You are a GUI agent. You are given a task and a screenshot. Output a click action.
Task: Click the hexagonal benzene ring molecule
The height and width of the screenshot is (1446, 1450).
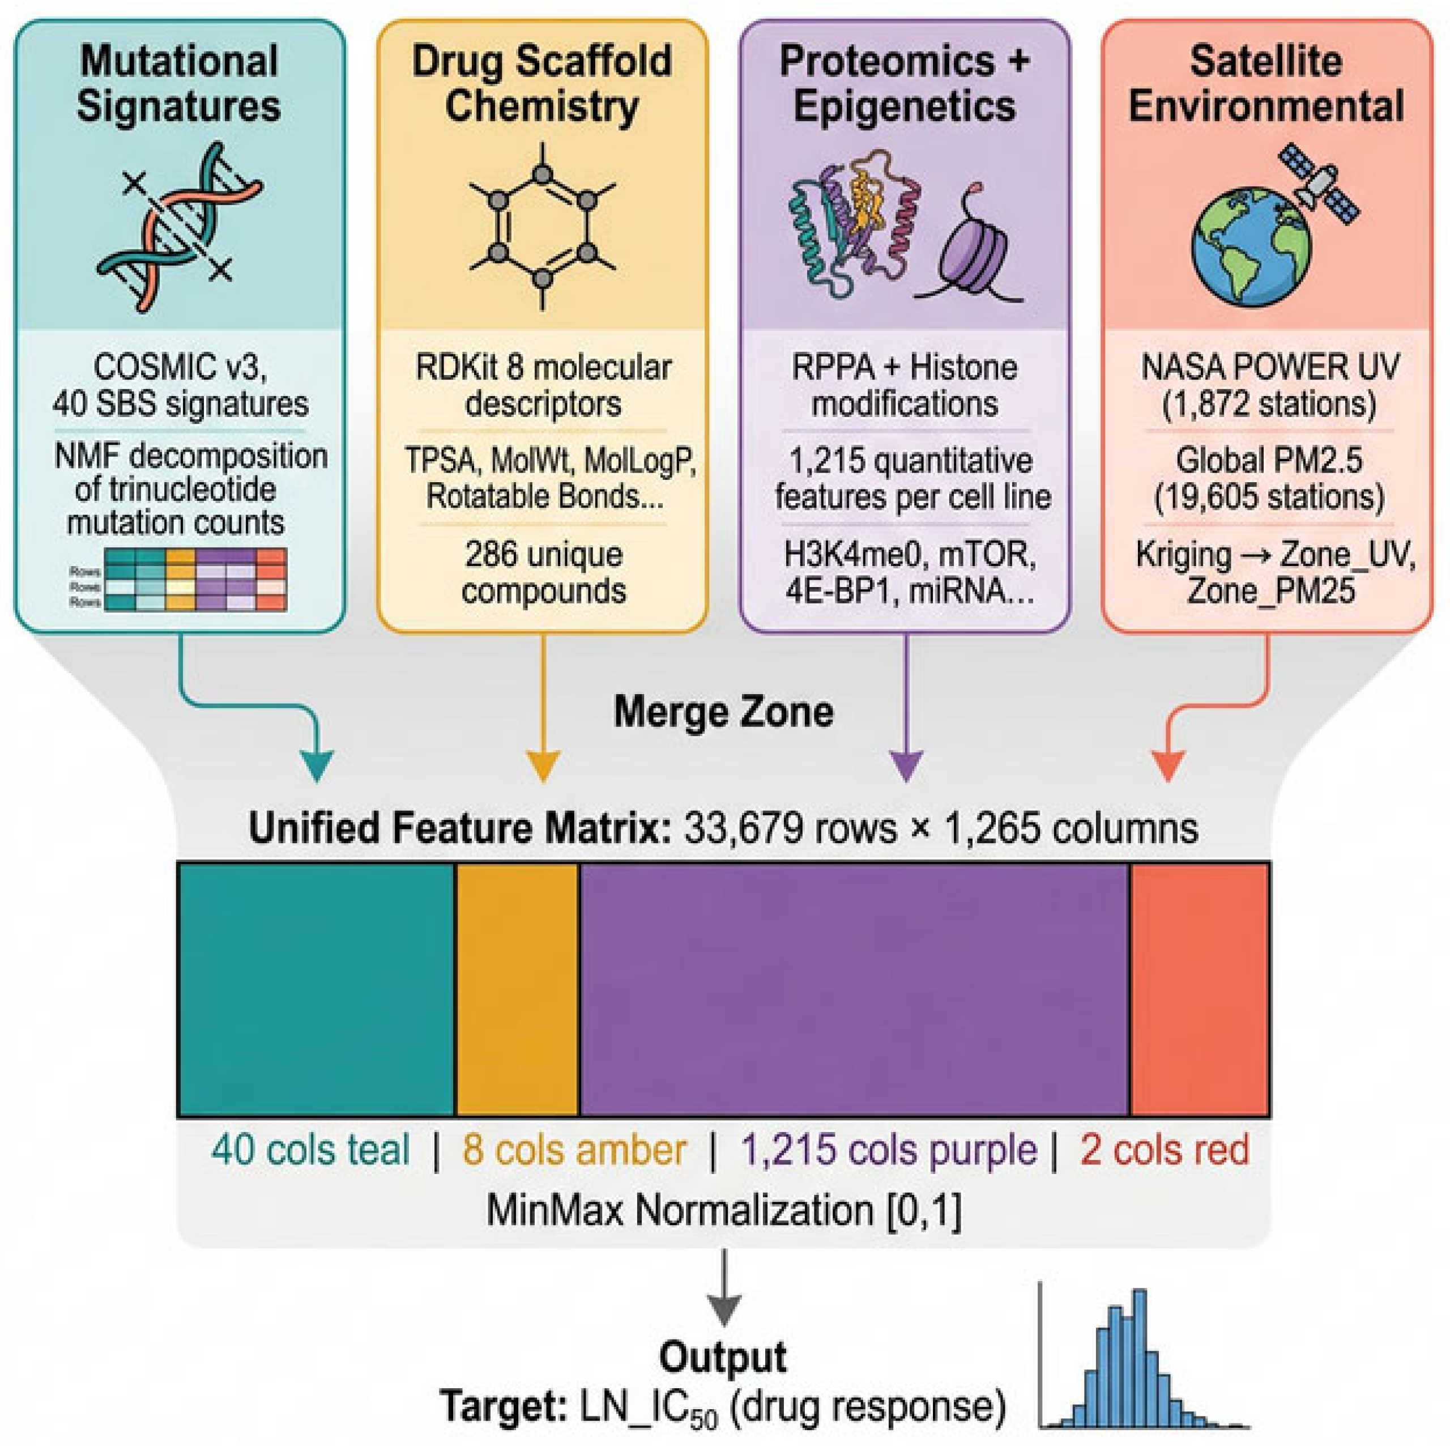(542, 226)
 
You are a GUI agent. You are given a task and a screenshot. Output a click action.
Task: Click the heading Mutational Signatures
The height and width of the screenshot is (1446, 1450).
(180, 83)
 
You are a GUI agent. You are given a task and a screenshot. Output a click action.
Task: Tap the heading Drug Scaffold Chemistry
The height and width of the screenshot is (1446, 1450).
(542, 83)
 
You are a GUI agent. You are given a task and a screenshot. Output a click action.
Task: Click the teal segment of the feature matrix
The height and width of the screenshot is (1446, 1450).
(316, 989)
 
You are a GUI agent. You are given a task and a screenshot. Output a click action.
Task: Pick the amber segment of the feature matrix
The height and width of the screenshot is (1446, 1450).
(517, 989)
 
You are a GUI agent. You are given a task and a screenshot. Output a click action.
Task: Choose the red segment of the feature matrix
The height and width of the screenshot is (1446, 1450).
(1199, 989)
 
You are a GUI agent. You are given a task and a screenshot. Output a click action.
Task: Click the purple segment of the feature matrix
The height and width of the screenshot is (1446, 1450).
(854, 989)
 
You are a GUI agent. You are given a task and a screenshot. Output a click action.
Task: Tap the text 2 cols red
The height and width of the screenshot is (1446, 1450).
(1165, 1150)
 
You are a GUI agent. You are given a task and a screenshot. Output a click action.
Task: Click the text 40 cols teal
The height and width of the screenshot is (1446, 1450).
(310, 1150)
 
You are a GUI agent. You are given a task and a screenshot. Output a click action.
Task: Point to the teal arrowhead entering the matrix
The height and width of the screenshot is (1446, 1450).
(317, 767)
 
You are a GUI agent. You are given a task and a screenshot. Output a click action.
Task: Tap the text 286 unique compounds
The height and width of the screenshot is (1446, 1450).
(543, 573)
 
